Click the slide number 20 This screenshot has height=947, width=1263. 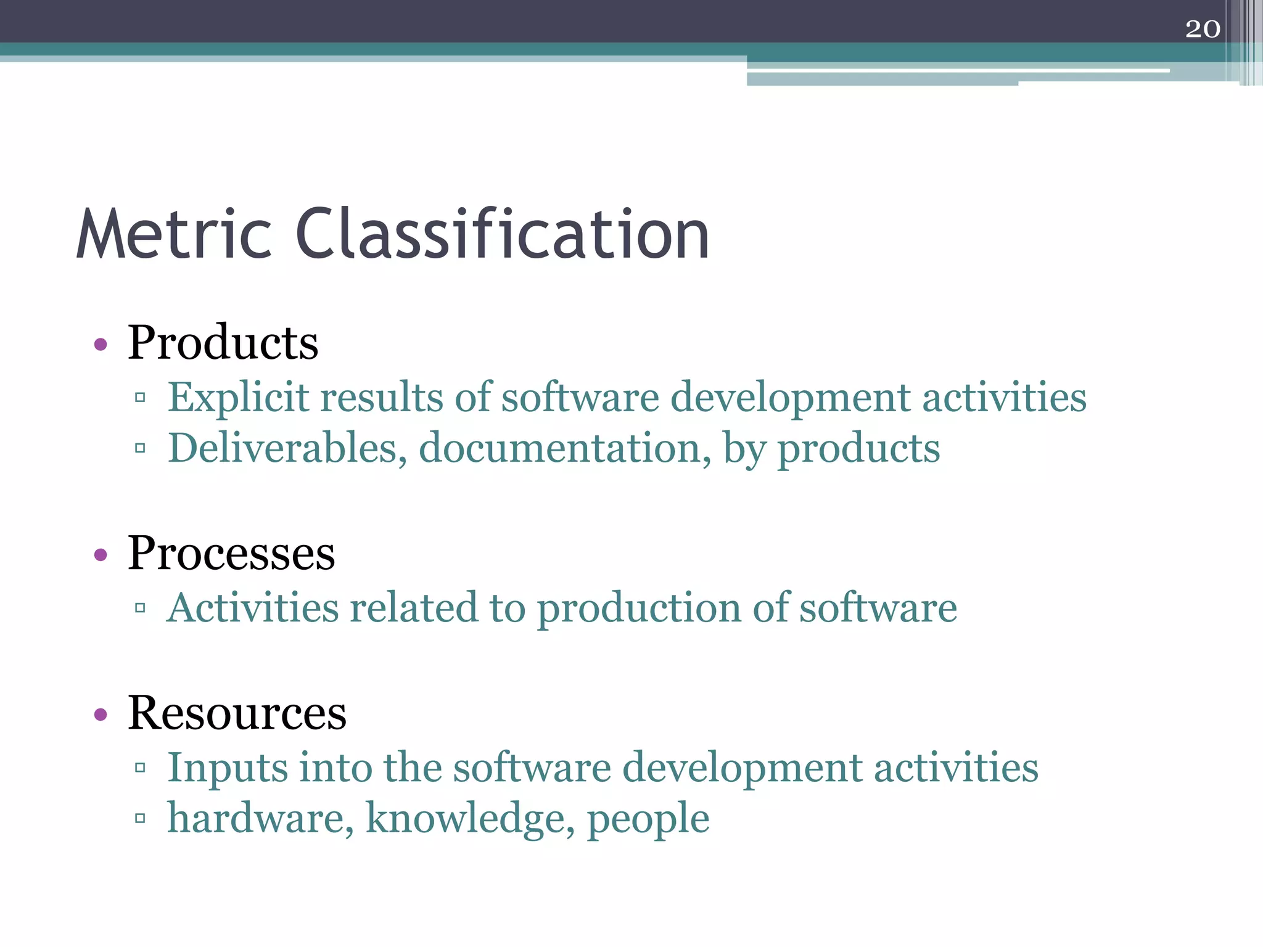[1203, 29]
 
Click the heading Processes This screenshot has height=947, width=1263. [231, 553]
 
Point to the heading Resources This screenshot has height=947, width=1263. [237, 713]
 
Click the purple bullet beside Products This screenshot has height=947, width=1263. [101, 344]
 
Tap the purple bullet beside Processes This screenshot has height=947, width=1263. [101, 555]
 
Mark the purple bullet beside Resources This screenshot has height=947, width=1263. [101, 715]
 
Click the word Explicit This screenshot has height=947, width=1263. [238, 398]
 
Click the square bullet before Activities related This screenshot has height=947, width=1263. [140, 608]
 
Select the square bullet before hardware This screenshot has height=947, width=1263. [140, 818]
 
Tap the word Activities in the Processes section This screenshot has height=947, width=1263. [253, 608]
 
